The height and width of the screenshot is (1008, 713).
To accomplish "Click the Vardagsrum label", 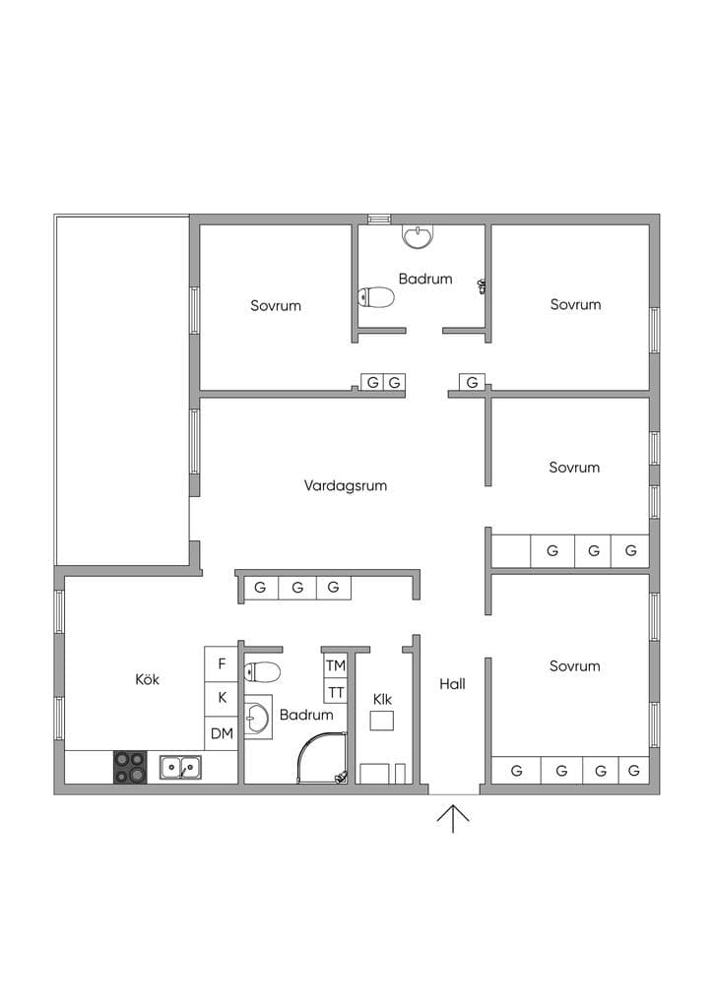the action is [x=346, y=485].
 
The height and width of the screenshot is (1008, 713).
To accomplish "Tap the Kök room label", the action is [x=148, y=679].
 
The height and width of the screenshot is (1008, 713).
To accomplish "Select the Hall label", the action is [x=452, y=684].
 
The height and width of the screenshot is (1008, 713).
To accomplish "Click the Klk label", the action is [x=382, y=699].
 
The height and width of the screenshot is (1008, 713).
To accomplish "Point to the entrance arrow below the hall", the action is [x=453, y=818].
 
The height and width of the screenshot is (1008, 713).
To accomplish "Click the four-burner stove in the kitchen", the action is [x=130, y=768].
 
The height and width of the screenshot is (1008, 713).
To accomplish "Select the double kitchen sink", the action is [x=180, y=767].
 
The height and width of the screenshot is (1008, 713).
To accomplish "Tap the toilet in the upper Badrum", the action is [x=376, y=297].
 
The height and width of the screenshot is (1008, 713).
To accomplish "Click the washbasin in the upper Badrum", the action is [x=419, y=236].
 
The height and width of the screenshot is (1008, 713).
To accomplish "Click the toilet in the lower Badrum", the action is [x=262, y=672].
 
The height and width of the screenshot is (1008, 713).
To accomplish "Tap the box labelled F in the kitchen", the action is [x=222, y=664].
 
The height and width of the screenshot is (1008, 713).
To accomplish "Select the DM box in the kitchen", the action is [x=222, y=733].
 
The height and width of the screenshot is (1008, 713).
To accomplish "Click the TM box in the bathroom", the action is [x=336, y=666].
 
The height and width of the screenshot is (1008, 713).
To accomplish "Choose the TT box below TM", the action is [x=336, y=692].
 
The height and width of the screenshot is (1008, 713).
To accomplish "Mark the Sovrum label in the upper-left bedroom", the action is [x=276, y=305].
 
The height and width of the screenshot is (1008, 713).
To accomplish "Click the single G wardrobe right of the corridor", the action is [x=472, y=383].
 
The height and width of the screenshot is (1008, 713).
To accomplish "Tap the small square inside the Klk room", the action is [x=382, y=721].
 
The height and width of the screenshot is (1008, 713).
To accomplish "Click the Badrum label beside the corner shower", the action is [x=306, y=715].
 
